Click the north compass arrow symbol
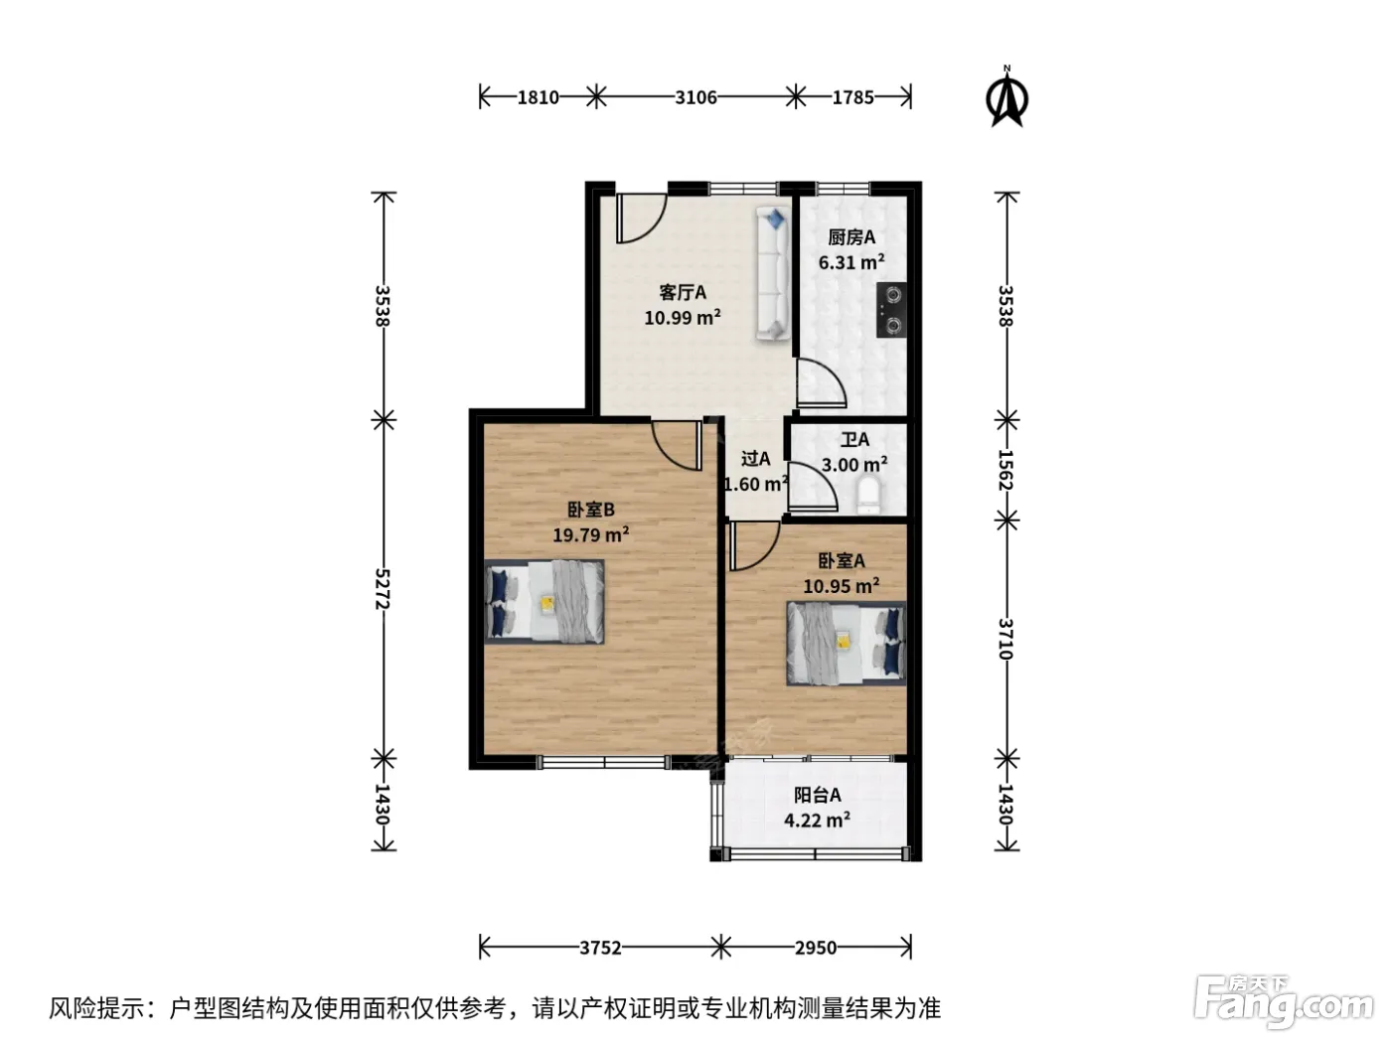pos(1005,98)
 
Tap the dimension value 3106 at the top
pos(695,97)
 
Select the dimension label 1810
pos(539,97)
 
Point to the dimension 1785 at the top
pos(852,97)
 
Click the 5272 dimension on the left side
pos(383,589)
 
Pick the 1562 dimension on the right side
pos(1005,470)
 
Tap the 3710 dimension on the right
pos(1005,639)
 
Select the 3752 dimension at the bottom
pos(600,948)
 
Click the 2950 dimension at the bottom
pos(816,948)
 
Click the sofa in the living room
pos(772,273)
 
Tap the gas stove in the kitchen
pos(890,310)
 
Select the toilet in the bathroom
pos(867,496)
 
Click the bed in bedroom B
pos(543,602)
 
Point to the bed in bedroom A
pos(846,644)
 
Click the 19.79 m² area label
pos(590,534)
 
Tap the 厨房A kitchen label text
pos(851,237)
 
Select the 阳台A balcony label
pos(817,795)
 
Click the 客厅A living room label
pos(683,292)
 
